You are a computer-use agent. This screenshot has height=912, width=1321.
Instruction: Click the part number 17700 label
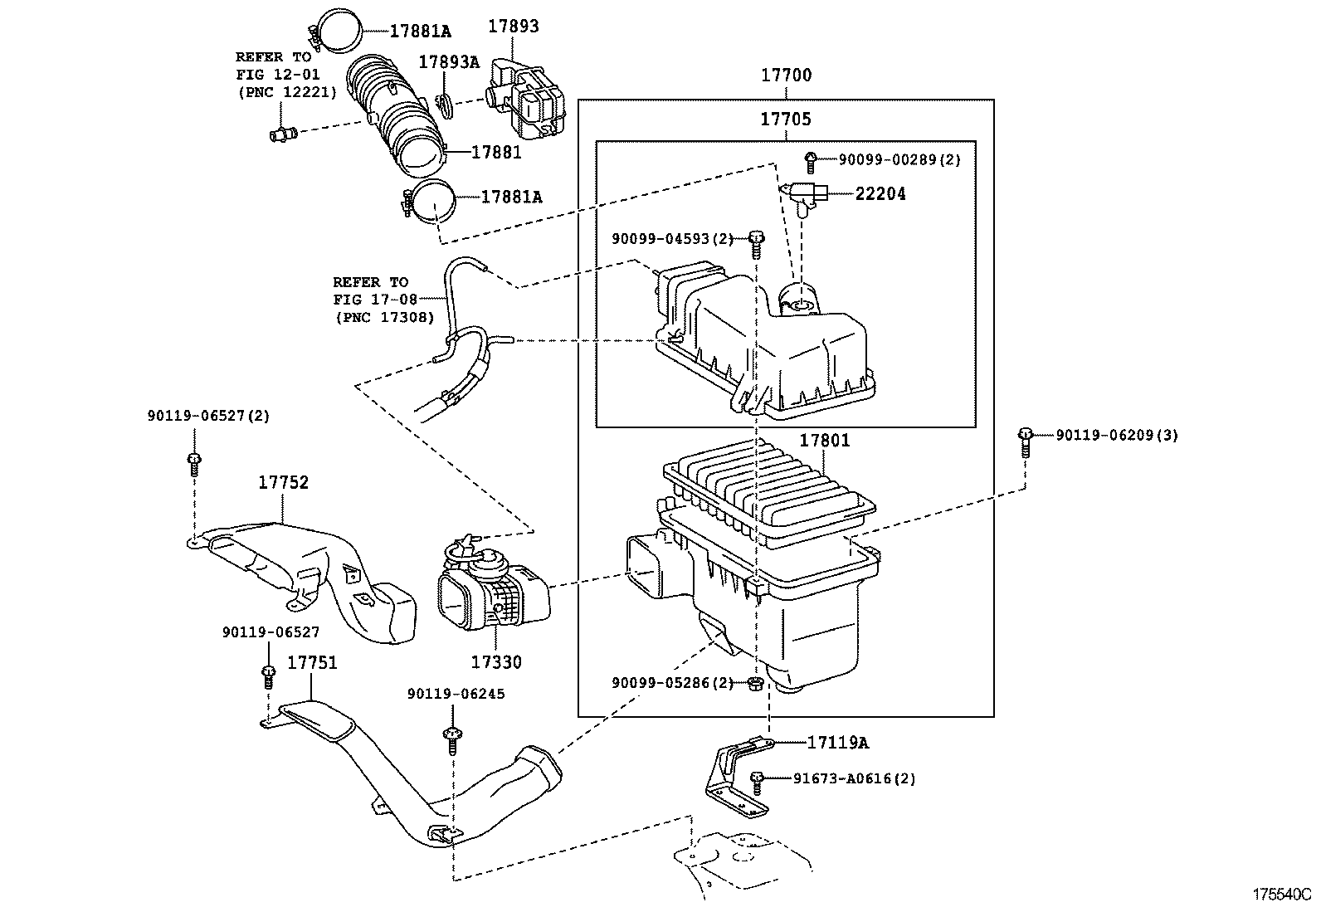pos(786,76)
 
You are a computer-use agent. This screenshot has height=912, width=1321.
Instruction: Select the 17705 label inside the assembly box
pos(786,119)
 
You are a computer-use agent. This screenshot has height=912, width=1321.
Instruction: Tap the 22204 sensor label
pos(880,194)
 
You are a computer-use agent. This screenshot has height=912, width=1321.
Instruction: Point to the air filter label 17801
pos(824,441)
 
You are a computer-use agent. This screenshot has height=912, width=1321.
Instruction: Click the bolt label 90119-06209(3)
pos(1116,435)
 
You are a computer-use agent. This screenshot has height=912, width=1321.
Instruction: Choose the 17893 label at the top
pos(512,27)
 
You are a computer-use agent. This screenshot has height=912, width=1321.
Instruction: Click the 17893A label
pos(448,62)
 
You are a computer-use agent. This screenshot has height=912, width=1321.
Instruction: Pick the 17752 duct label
pos(282,483)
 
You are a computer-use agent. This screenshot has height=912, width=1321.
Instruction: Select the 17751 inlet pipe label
pos(312,663)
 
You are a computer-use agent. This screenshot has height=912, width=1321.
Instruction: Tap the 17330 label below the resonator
pos(496,663)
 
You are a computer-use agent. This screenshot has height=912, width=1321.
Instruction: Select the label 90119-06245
pos(456,694)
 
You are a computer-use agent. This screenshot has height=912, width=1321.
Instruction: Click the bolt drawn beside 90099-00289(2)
pos(811,160)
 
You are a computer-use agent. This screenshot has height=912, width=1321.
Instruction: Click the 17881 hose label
pos(495,153)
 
